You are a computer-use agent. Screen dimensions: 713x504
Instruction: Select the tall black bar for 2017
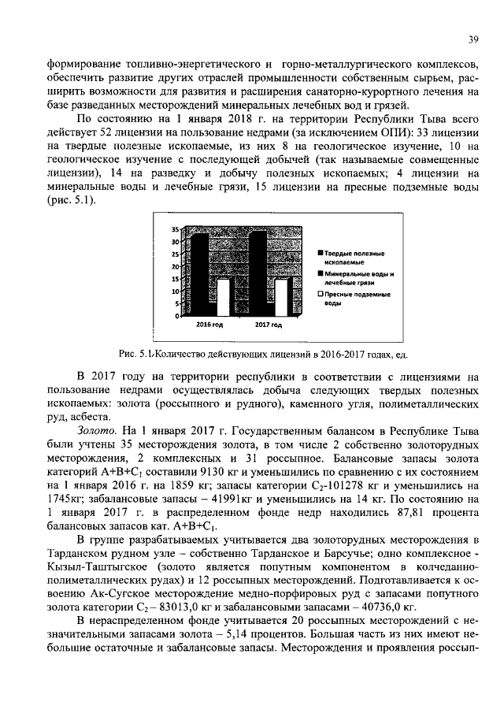pyautogui.click(x=258, y=272)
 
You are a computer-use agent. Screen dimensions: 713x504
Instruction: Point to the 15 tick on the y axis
pyautogui.click(x=176, y=279)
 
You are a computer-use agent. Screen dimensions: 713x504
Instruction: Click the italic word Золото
pyautogui.click(x=97, y=431)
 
